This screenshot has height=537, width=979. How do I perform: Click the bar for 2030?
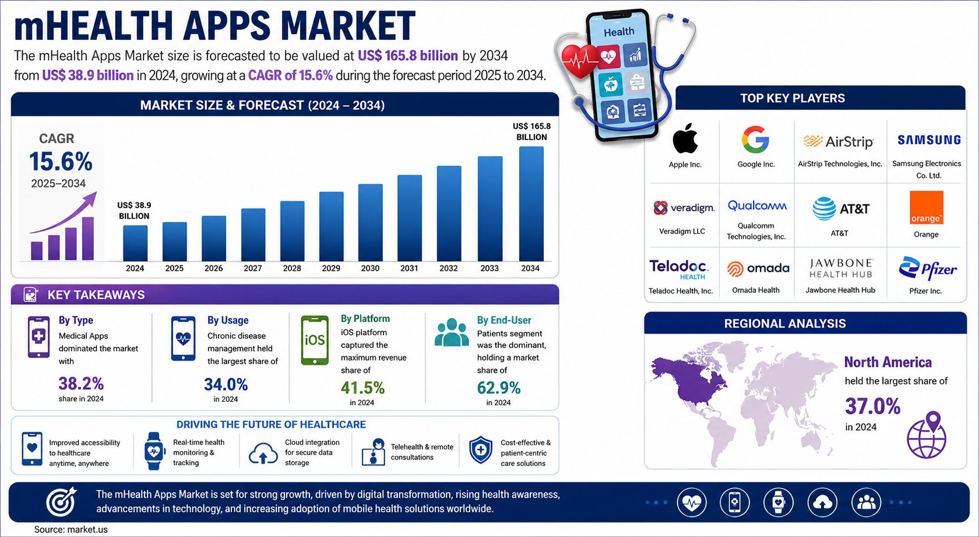coord(370,223)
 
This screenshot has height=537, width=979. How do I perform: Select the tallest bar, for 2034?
coord(531,203)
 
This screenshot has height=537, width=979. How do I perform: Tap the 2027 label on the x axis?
coord(253,268)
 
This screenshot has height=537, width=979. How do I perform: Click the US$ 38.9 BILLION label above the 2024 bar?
coord(134,210)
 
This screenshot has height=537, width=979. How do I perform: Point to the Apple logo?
coord(685,138)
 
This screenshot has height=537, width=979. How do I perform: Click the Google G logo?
coord(755,139)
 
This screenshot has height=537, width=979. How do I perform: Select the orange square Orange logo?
coord(926,208)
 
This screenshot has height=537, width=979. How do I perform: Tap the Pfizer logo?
coord(928,268)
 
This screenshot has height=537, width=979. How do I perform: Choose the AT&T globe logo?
coord(824,209)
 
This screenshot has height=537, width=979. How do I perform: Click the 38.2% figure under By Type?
coord(82,384)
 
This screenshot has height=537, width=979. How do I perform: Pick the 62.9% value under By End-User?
coord(498,387)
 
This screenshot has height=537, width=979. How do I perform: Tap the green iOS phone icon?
coord(315,340)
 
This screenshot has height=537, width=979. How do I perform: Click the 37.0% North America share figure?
coord(873,406)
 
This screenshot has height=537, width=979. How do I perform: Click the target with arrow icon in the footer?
coord(61,502)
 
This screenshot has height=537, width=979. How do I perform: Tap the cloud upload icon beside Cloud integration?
coord(263,453)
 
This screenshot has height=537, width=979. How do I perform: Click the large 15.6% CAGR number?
coord(61,162)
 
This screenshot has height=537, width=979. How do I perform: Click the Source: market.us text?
coord(71,529)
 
